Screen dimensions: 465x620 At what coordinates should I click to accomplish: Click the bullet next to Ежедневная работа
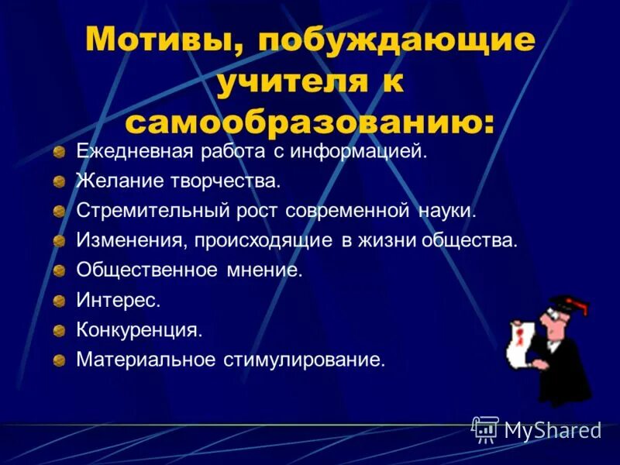[x=60, y=152]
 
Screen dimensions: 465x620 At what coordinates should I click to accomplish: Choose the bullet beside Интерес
[x=60, y=301]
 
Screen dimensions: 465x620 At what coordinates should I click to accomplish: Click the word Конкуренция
[x=139, y=329]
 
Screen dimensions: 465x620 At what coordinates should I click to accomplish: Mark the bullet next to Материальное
[x=60, y=360]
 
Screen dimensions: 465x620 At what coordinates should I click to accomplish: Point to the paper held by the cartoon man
[x=521, y=341]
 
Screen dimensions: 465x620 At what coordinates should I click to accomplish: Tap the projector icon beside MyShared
[x=485, y=429]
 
